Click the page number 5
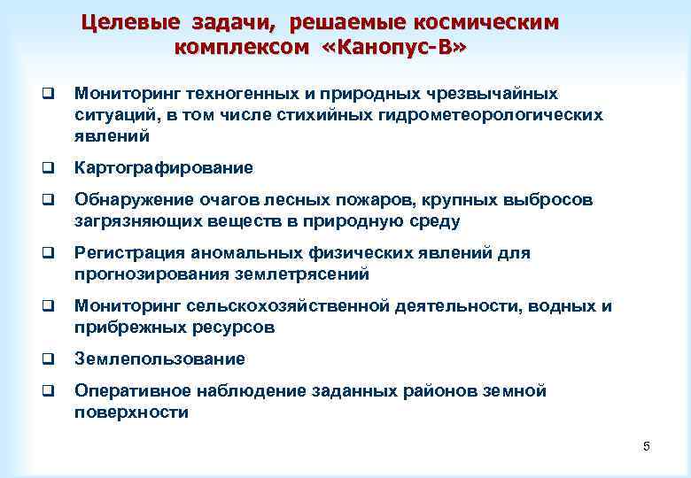coord(647,446)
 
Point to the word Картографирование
coord(164,167)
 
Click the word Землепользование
coord(159,358)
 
